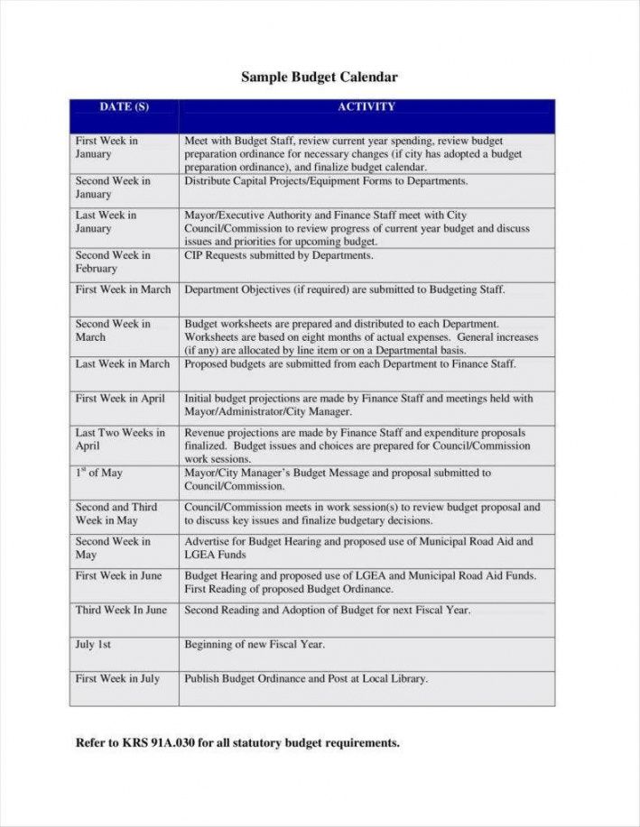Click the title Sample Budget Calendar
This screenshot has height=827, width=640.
coord(319,78)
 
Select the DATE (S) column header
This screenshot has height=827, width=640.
coord(124,107)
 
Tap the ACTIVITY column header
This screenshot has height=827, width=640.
coord(366,107)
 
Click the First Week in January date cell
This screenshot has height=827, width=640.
coord(107,148)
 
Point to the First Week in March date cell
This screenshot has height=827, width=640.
coord(123,290)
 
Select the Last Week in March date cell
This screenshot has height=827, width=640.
coord(123,364)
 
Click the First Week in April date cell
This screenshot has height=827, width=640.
coord(120,399)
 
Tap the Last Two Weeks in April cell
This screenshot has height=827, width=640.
coord(120,439)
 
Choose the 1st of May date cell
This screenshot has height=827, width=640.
coord(98,473)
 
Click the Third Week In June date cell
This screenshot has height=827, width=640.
coord(121,611)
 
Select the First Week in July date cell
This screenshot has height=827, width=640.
coord(117,679)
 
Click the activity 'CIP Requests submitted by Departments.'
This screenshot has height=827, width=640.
coord(279,256)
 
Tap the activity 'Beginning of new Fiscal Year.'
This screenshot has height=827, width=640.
coord(255,645)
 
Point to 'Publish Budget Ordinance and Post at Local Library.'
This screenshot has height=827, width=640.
coord(306,679)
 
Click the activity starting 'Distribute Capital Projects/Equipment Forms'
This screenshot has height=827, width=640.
coord(326,181)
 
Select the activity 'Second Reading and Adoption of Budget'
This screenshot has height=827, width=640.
coord(327,611)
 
